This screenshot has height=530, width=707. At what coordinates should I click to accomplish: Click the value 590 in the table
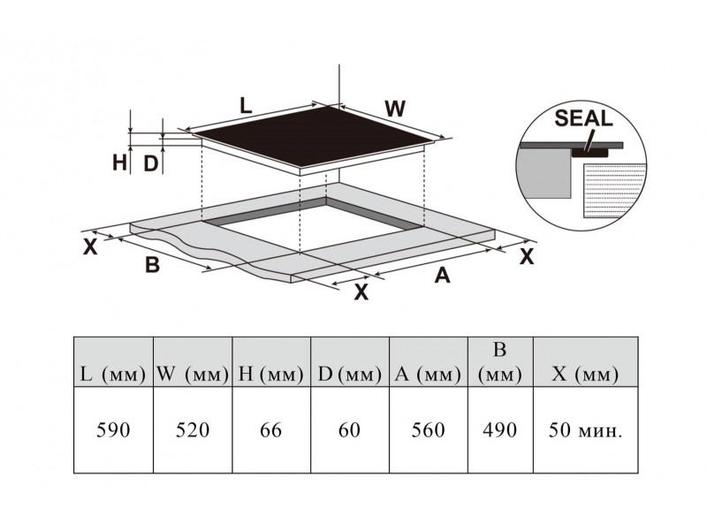pos(113,430)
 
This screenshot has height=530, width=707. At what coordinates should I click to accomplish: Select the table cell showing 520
pos(193,430)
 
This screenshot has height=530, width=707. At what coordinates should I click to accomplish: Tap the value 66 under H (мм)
pos(271,430)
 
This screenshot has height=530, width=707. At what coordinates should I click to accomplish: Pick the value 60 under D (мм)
pos(349,430)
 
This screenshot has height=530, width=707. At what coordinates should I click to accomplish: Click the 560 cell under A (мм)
pos(428,430)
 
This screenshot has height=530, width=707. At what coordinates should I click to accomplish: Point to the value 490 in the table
pos(499,430)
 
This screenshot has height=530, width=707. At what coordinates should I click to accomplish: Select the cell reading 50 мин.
pos(585,430)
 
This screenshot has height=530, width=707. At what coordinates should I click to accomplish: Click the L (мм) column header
pos(113,374)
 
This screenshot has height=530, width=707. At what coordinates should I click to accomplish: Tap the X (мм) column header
pos(585,374)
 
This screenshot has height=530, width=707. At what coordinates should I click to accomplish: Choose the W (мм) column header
pos(193,374)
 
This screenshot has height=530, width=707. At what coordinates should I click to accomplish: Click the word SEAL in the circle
pos(583,118)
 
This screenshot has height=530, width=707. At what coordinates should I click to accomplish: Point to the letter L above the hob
pos(246,106)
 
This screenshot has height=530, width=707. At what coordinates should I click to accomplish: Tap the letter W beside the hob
pos(395,109)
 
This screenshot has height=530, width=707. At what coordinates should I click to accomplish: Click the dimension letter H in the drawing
pos(119,163)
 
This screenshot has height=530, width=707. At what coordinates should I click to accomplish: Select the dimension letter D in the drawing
pos(150,163)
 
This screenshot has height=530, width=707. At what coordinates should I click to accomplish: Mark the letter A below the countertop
pos(443,275)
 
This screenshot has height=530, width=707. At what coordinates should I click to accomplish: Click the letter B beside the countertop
pos(152,264)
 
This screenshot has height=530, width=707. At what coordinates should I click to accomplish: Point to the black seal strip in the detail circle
pos(589,153)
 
